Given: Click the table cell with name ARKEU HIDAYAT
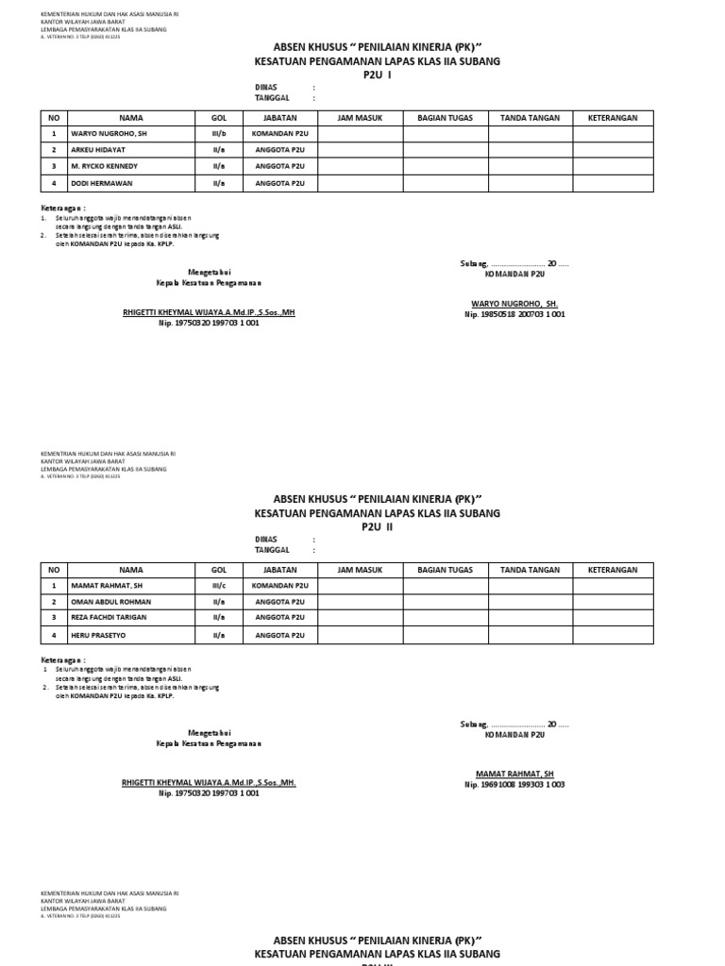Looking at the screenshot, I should coord(97,150).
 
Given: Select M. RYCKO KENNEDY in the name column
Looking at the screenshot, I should coord(104,166).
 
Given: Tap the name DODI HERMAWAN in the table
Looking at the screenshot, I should coord(100,183).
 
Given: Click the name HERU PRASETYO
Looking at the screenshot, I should coord(98,635).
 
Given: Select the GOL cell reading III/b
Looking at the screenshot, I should coord(219,134).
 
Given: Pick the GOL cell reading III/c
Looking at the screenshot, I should coord(219,586).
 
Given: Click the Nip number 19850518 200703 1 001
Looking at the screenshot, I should coord(514,314).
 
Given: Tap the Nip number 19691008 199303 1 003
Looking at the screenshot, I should coord(514,784).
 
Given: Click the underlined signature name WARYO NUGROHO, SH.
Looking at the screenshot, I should coord(514,304).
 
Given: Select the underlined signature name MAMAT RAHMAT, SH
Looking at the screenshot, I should coord(514,774).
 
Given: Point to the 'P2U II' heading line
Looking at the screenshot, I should coord(377,527).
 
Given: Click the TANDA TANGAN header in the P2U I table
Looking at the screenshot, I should coord(530,118).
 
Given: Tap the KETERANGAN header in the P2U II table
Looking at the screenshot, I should coord(613,570).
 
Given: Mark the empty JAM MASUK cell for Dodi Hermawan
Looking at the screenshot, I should coord(362,183).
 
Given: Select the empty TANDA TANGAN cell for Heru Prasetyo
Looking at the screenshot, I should coord(530,635).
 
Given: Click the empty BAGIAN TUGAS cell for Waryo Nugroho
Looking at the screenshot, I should coord(446,134).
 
